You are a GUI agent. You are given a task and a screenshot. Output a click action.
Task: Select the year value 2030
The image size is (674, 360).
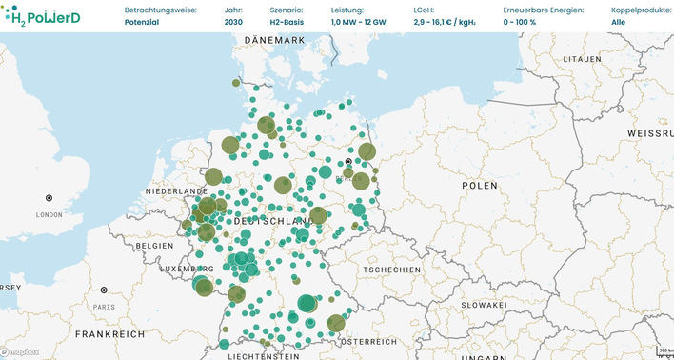[234, 21]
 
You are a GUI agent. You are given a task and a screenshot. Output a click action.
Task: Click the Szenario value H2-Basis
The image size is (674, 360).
[287, 21]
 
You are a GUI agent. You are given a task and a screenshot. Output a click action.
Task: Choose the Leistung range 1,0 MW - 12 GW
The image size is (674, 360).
[360, 21]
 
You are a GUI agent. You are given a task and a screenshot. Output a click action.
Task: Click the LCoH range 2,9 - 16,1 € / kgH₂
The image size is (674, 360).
[446, 21]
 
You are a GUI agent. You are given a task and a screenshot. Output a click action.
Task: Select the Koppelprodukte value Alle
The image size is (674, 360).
[618, 21]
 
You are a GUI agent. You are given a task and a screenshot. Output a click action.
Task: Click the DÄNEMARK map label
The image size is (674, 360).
[273, 40]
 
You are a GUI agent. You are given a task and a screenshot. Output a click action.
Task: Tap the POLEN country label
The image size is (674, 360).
[479, 185]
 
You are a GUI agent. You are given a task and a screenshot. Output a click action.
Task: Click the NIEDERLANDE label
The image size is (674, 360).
[175, 191]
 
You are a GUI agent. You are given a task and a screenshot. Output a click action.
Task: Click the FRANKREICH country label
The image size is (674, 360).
[110, 334]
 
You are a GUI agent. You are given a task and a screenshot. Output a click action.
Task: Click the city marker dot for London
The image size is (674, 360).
[49, 198]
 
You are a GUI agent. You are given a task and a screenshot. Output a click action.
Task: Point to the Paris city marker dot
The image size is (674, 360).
[104, 290]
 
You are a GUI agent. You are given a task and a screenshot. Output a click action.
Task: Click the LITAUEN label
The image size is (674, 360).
[584, 59]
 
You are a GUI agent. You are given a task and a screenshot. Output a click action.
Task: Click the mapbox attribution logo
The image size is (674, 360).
[20, 351]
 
